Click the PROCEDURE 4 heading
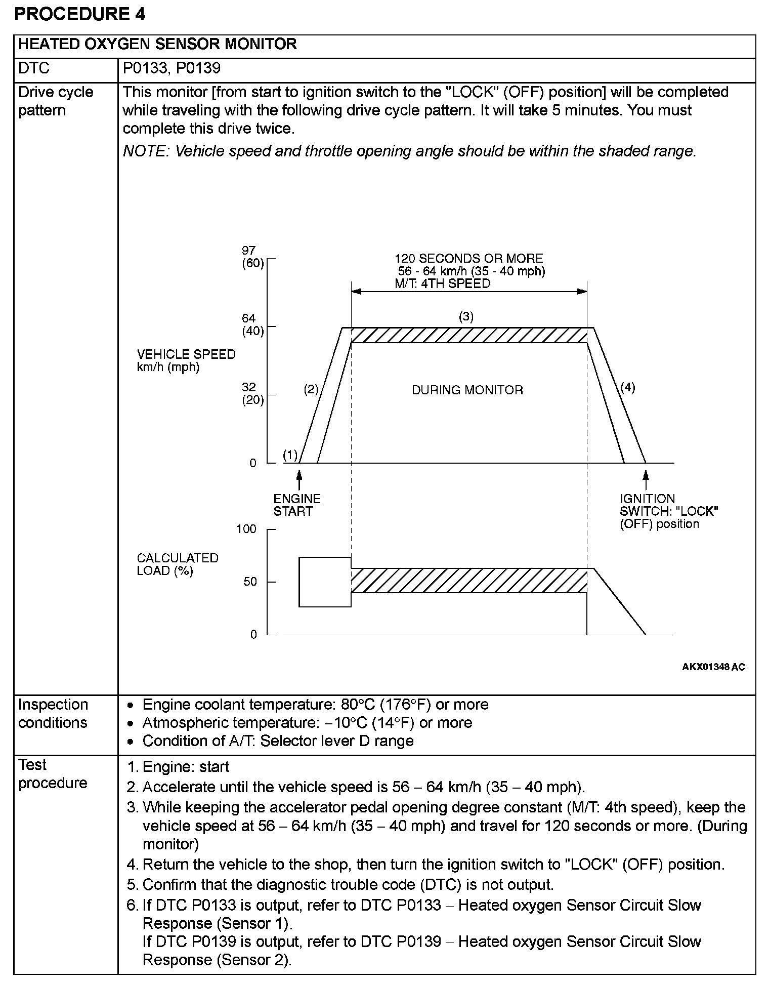pyautogui.click(x=80, y=14)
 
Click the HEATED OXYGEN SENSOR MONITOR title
pyautogui.click(x=157, y=45)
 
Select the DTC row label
pyautogui.click(x=34, y=68)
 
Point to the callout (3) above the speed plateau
pyautogui.click(x=466, y=317)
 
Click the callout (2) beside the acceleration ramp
pyautogui.click(x=311, y=389)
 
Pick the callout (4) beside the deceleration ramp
pyautogui.click(x=627, y=388)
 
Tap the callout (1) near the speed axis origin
pyautogui.click(x=290, y=455)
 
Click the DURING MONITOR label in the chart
pyautogui.click(x=467, y=390)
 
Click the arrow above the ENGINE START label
pyautogui.click(x=299, y=479)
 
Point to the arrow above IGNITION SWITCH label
pyautogui.click(x=646, y=479)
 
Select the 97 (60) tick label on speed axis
pyautogui.click(x=251, y=257)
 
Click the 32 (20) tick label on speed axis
pyautogui.click(x=252, y=394)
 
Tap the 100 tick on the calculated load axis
pyautogui.click(x=246, y=529)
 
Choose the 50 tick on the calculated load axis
pyautogui.click(x=250, y=582)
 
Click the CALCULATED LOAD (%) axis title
pyautogui.click(x=178, y=564)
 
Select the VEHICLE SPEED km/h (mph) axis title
pyautogui.click(x=186, y=360)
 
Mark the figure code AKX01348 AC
pyautogui.click(x=713, y=667)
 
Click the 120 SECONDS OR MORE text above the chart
pyautogui.click(x=468, y=259)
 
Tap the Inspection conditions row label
pyautogui.click(x=53, y=713)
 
